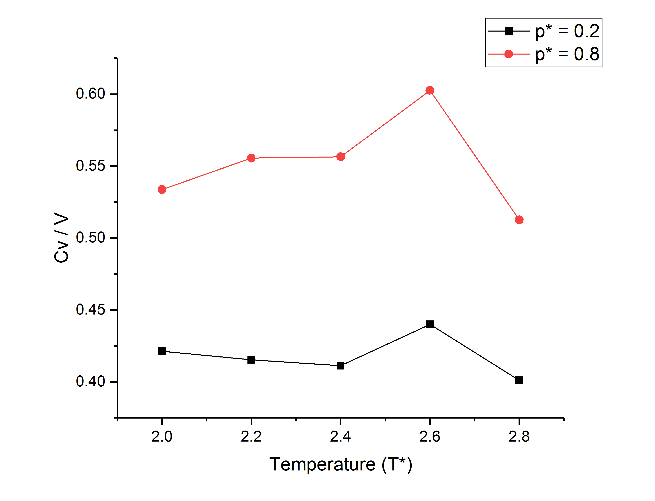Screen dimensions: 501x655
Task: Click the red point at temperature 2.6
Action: click(x=430, y=90)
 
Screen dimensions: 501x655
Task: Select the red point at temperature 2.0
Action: click(x=162, y=189)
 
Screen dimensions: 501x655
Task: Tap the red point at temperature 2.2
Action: click(x=251, y=158)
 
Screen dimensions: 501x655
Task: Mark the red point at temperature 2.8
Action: click(x=519, y=220)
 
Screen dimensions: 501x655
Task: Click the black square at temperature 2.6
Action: click(x=430, y=324)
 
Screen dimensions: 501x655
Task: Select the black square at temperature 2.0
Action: click(x=162, y=351)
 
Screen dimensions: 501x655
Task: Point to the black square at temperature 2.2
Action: click(x=251, y=360)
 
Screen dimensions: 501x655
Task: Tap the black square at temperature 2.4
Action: click(x=341, y=366)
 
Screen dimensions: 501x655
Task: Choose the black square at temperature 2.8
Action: click(x=519, y=380)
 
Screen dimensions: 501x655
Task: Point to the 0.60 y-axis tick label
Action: click(x=90, y=94)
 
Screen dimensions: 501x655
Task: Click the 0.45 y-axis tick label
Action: click(x=90, y=310)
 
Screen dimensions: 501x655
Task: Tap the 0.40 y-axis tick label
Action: click(x=90, y=382)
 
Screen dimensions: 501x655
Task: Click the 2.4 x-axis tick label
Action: click(x=341, y=437)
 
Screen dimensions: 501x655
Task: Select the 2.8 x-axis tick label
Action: click(x=519, y=437)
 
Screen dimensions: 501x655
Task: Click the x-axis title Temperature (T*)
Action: click(x=341, y=465)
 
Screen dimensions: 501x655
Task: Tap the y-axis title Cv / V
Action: click(x=62, y=238)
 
